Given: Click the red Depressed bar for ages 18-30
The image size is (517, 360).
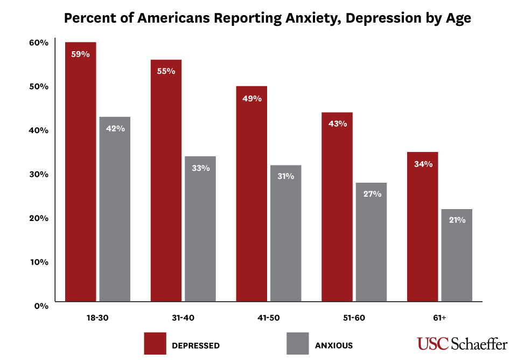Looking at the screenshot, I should point(81,172).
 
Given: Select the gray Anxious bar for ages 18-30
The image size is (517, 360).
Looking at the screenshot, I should point(115,210).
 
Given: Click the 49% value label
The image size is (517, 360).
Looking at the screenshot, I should point(251,99).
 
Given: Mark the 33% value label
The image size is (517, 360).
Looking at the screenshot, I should point(200,168).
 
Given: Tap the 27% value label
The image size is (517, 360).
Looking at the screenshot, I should point(372,194).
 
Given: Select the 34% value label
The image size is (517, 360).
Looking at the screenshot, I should point(423,164).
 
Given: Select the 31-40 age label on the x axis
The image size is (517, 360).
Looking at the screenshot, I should point(183,318).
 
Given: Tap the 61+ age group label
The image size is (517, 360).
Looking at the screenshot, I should point(439,318).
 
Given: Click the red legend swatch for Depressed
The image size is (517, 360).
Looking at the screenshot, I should point(155,343).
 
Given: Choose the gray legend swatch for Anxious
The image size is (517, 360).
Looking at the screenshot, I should point(298,343).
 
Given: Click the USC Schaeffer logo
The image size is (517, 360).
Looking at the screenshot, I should point(462,344).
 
